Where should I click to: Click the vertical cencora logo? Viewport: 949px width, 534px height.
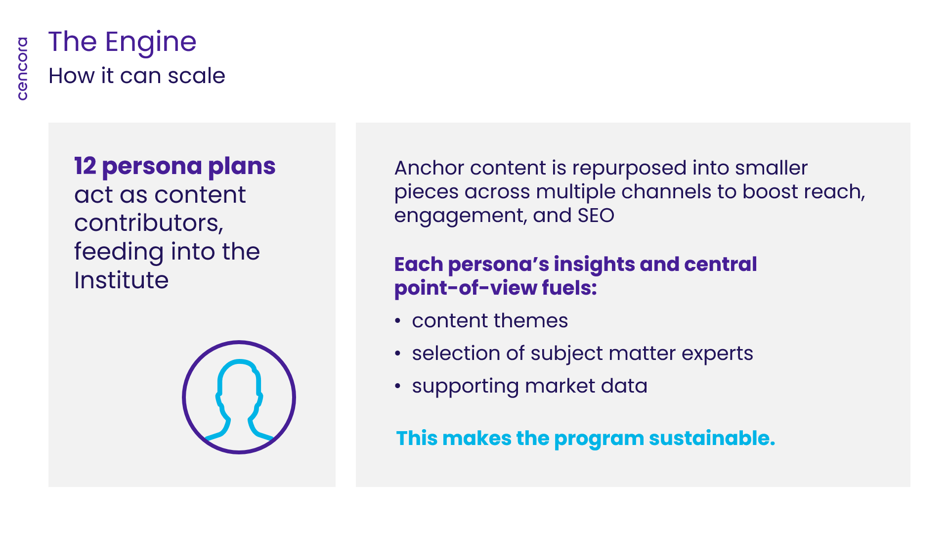22,69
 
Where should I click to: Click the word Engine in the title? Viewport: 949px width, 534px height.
151,43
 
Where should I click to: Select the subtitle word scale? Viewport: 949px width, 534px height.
196,76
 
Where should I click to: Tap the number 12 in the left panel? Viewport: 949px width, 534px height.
85,166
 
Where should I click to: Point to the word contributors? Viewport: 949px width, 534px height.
149,223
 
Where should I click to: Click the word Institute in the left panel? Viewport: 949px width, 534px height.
122,280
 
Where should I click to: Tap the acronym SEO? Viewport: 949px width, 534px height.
596,216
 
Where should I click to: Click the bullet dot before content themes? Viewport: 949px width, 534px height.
398,321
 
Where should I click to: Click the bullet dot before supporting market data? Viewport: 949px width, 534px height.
398,387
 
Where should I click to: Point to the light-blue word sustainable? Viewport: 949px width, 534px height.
712,439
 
